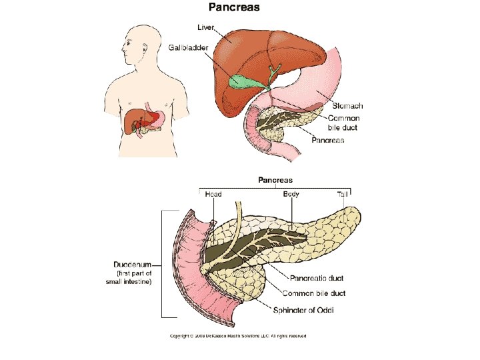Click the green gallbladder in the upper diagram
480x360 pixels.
tap(244, 83)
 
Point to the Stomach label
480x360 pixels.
tap(347, 106)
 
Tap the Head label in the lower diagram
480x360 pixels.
tap(213, 194)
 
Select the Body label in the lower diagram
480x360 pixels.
tap(291, 194)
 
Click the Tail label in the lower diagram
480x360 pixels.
tap(342, 194)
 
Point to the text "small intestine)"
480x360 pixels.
tap(130, 282)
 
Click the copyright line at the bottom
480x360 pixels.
tap(239, 335)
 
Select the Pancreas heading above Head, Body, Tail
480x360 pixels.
tap(275, 180)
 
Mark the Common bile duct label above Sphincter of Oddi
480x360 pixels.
tap(314, 293)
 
